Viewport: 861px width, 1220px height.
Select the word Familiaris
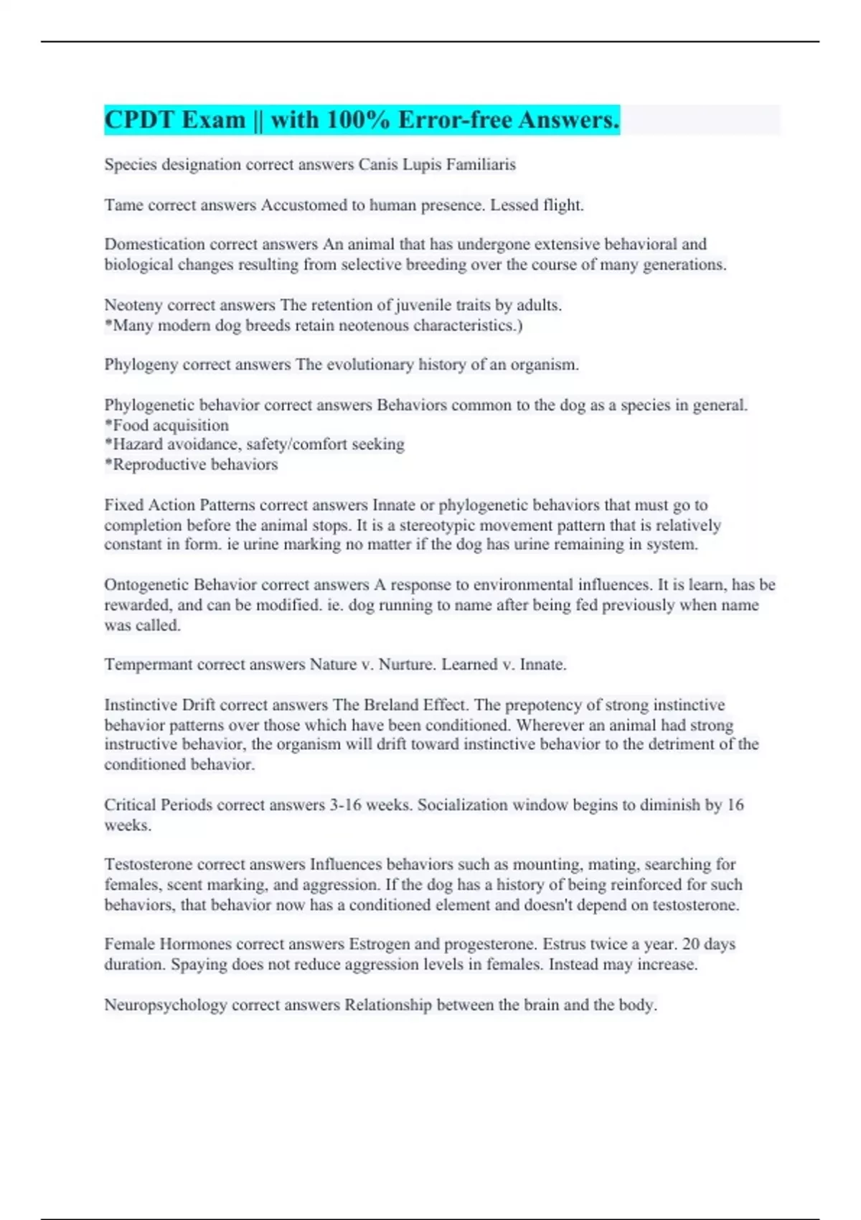pos(480,164)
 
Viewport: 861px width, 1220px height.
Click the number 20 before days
pos(692,944)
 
